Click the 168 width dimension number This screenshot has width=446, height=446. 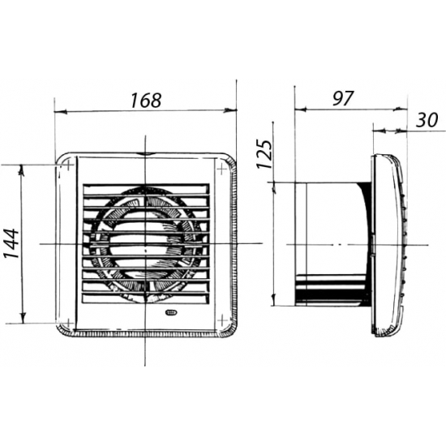coord(146,100)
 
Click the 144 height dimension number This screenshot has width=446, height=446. coord(11,243)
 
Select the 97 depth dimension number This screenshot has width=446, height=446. coord(343,98)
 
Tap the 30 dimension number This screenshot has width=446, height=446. coord(427,120)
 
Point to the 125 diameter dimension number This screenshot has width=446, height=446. coord(264,153)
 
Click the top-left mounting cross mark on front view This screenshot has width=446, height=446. coord(68,165)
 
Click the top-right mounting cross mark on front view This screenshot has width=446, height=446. coord(222,169)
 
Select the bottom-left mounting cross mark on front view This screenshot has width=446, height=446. coord(68,323)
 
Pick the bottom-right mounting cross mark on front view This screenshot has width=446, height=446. coord(222,321)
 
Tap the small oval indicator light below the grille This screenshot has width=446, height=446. coord(170,312)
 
